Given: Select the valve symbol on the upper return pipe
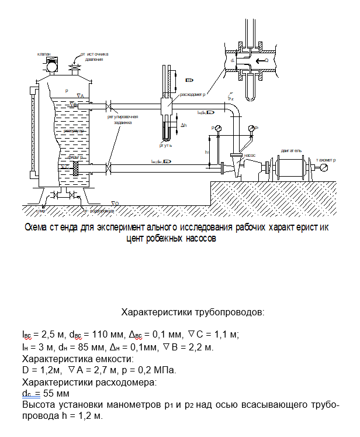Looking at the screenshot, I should click(109, 106).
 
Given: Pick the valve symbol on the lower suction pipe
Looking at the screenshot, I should click(109, 168).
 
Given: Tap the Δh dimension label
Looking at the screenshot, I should click(184, 126).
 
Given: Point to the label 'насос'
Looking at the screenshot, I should click(249, 156).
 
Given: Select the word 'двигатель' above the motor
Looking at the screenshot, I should click(290, 150).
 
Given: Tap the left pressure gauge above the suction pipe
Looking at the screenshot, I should click(217, 128).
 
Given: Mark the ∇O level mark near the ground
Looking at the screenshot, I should click(115, 202).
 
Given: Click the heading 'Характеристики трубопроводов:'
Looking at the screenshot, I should click(193, 312).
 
